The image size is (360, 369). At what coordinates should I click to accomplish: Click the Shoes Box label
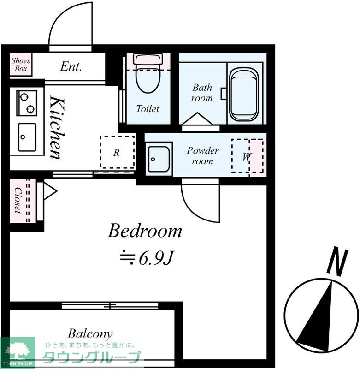[21, 65]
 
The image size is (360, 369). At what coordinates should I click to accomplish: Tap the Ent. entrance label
[71, 66]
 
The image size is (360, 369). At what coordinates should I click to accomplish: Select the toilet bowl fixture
[148, 73]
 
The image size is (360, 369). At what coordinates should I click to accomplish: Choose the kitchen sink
[27, 137]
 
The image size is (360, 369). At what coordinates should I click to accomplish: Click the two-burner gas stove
[27, 103]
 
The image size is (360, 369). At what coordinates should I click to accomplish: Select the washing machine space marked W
[247, 156]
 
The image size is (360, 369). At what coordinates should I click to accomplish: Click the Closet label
[18, 200]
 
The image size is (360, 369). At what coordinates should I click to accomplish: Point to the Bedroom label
[145, 231]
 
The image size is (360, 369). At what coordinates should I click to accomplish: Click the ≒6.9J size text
[147, 258]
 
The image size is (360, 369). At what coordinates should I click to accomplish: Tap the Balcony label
[90, 334]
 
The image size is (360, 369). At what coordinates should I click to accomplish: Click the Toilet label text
[148, 109]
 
